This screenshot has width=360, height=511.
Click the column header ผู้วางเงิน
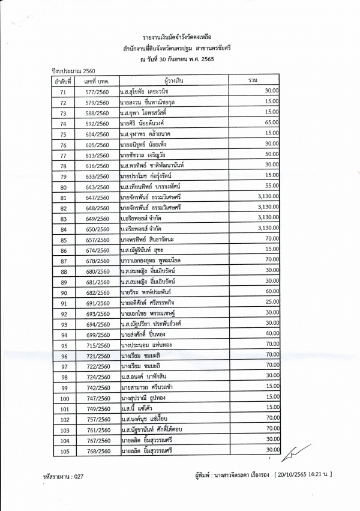click(172, 80)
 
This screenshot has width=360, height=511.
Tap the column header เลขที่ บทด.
click(97, 80)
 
